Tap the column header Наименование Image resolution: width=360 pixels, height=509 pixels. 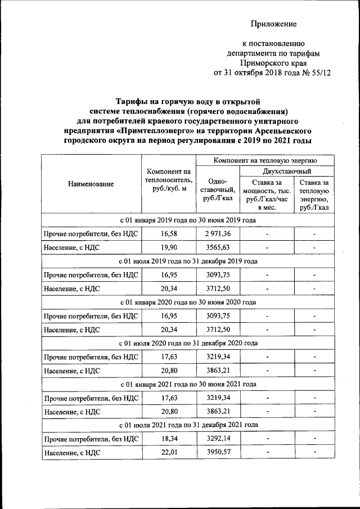click(91, 184)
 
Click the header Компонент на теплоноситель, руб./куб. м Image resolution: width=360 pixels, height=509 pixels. click(168, 179)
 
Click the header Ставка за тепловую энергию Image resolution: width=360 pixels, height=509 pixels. click(314, 195)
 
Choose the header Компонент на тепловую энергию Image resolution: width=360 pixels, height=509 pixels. click(264, 161)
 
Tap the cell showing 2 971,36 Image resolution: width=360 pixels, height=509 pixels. click(218, 233)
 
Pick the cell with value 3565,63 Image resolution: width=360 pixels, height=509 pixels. click(218, 247)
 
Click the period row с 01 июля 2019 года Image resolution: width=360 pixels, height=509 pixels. click(188, 261)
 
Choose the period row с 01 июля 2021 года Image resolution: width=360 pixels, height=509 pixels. click(188, 425)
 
